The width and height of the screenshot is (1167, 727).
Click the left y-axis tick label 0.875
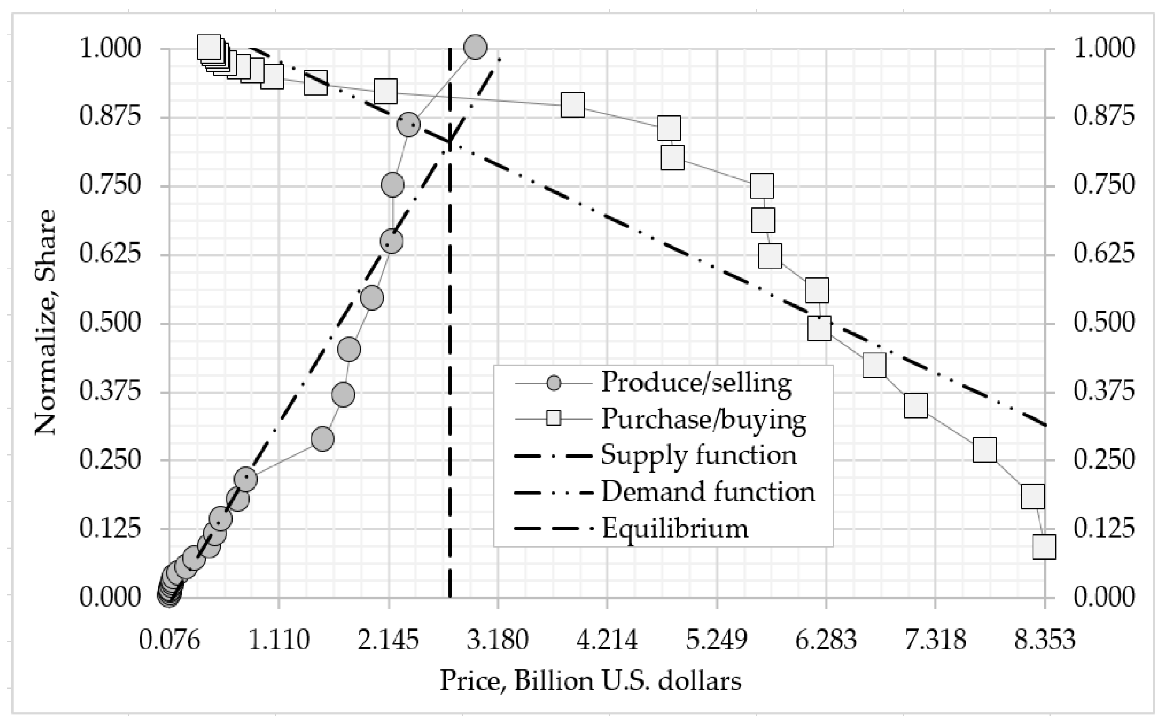[110, 116]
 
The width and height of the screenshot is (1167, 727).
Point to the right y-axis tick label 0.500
[1104, 323]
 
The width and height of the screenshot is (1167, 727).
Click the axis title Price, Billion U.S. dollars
[590, 681]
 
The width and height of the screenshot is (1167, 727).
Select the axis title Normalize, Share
[46, 322]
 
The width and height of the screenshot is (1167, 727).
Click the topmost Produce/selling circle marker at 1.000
[475, 47]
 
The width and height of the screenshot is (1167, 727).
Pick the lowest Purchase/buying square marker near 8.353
[1044, 547]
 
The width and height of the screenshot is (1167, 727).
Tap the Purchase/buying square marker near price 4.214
[573, 105]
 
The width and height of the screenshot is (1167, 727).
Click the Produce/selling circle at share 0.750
[392, 185]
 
